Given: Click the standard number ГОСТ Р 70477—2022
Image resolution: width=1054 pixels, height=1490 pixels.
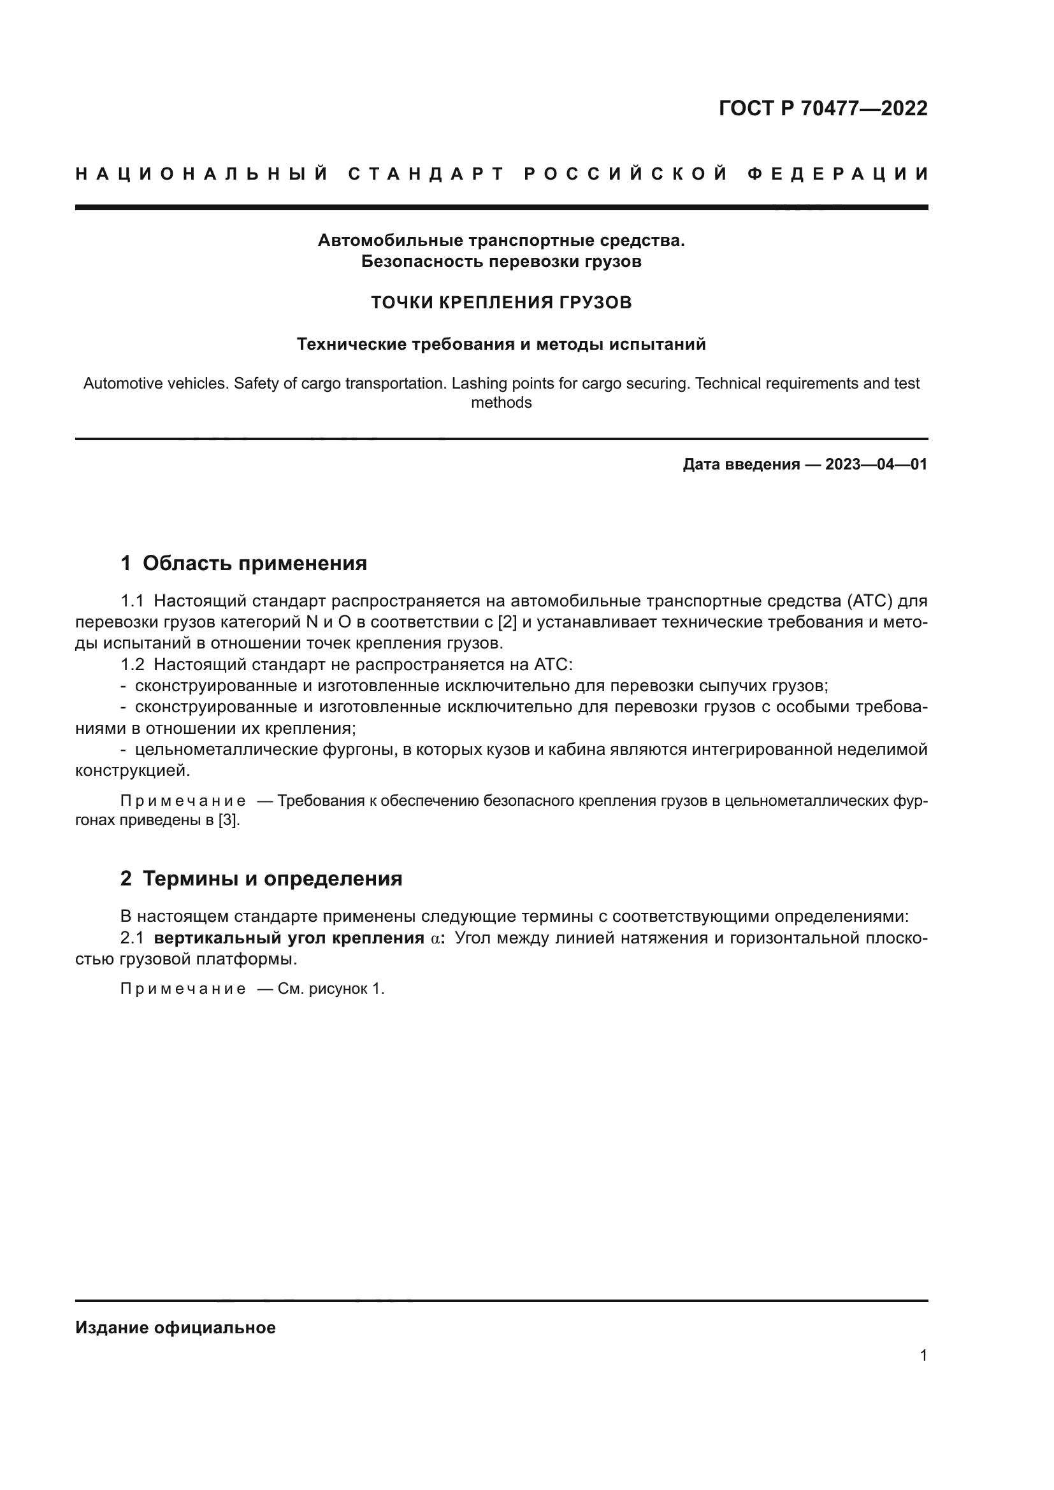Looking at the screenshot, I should pyautogui.click(x=823, y=108).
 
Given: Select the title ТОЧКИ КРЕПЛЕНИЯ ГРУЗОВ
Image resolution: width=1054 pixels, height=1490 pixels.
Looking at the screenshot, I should pyautogui.click(x=501, y=303).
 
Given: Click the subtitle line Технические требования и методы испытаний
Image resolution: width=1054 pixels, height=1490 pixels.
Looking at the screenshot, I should pyautogui.click(x=501, y=345).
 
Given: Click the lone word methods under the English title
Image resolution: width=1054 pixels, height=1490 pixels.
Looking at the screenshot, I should pyautogui.click(x=501, y=403).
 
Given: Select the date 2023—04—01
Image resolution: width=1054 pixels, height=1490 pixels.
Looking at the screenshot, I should pyautogui.click(x=876, y=464).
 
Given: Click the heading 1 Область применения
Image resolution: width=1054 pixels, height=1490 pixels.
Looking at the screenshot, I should pyautogui.click(x=244, y=563).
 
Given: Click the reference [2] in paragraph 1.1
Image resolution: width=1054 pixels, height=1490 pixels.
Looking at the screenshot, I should pyautogui.click(x=507, y=622).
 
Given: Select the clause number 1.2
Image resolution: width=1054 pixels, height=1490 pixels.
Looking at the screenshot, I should pyautogui.click(x=133, y=664).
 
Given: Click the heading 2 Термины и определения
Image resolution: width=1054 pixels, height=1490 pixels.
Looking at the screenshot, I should pyautogui.click(x=261, y=878).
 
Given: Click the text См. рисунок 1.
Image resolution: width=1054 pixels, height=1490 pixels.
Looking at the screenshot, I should pyautogui.click(x=331, y=989).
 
